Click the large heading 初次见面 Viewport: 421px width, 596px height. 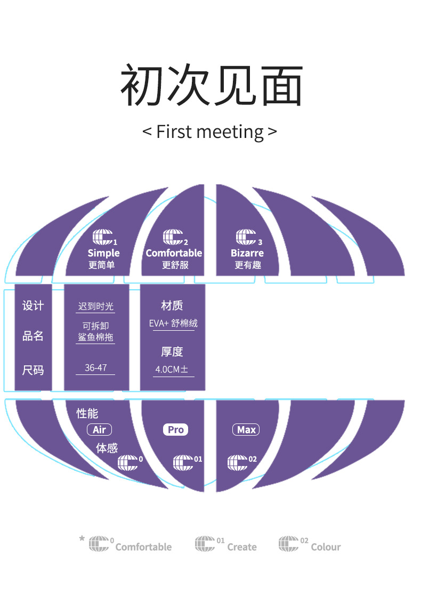(x=211, y=86)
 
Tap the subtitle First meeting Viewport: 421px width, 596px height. (x=209, y=132)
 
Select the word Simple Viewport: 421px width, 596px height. (x=103, y=253)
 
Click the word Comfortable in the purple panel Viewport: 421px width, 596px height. (x=174, y=253)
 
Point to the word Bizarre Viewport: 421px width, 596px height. (x=247, y=253)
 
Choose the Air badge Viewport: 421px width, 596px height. (x=99, y=430)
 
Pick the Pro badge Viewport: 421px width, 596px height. (x=175, y=430)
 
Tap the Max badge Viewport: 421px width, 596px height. (x=246, y=430)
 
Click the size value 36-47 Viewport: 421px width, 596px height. (x=95, y=368)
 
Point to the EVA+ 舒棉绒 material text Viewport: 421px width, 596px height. (x=173, y=324)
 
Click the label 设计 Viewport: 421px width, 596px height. (x=33, y=306)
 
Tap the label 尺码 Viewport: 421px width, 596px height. (x=33, y=370)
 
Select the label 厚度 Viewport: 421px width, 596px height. (x=172, y=352)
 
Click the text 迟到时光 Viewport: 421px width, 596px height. (x=96, y=306)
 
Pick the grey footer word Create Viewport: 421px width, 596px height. (x=242, y=547)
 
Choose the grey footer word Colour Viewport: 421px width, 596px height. (x=326, y=547)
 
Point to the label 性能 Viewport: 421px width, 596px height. (x=87, y=413)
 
